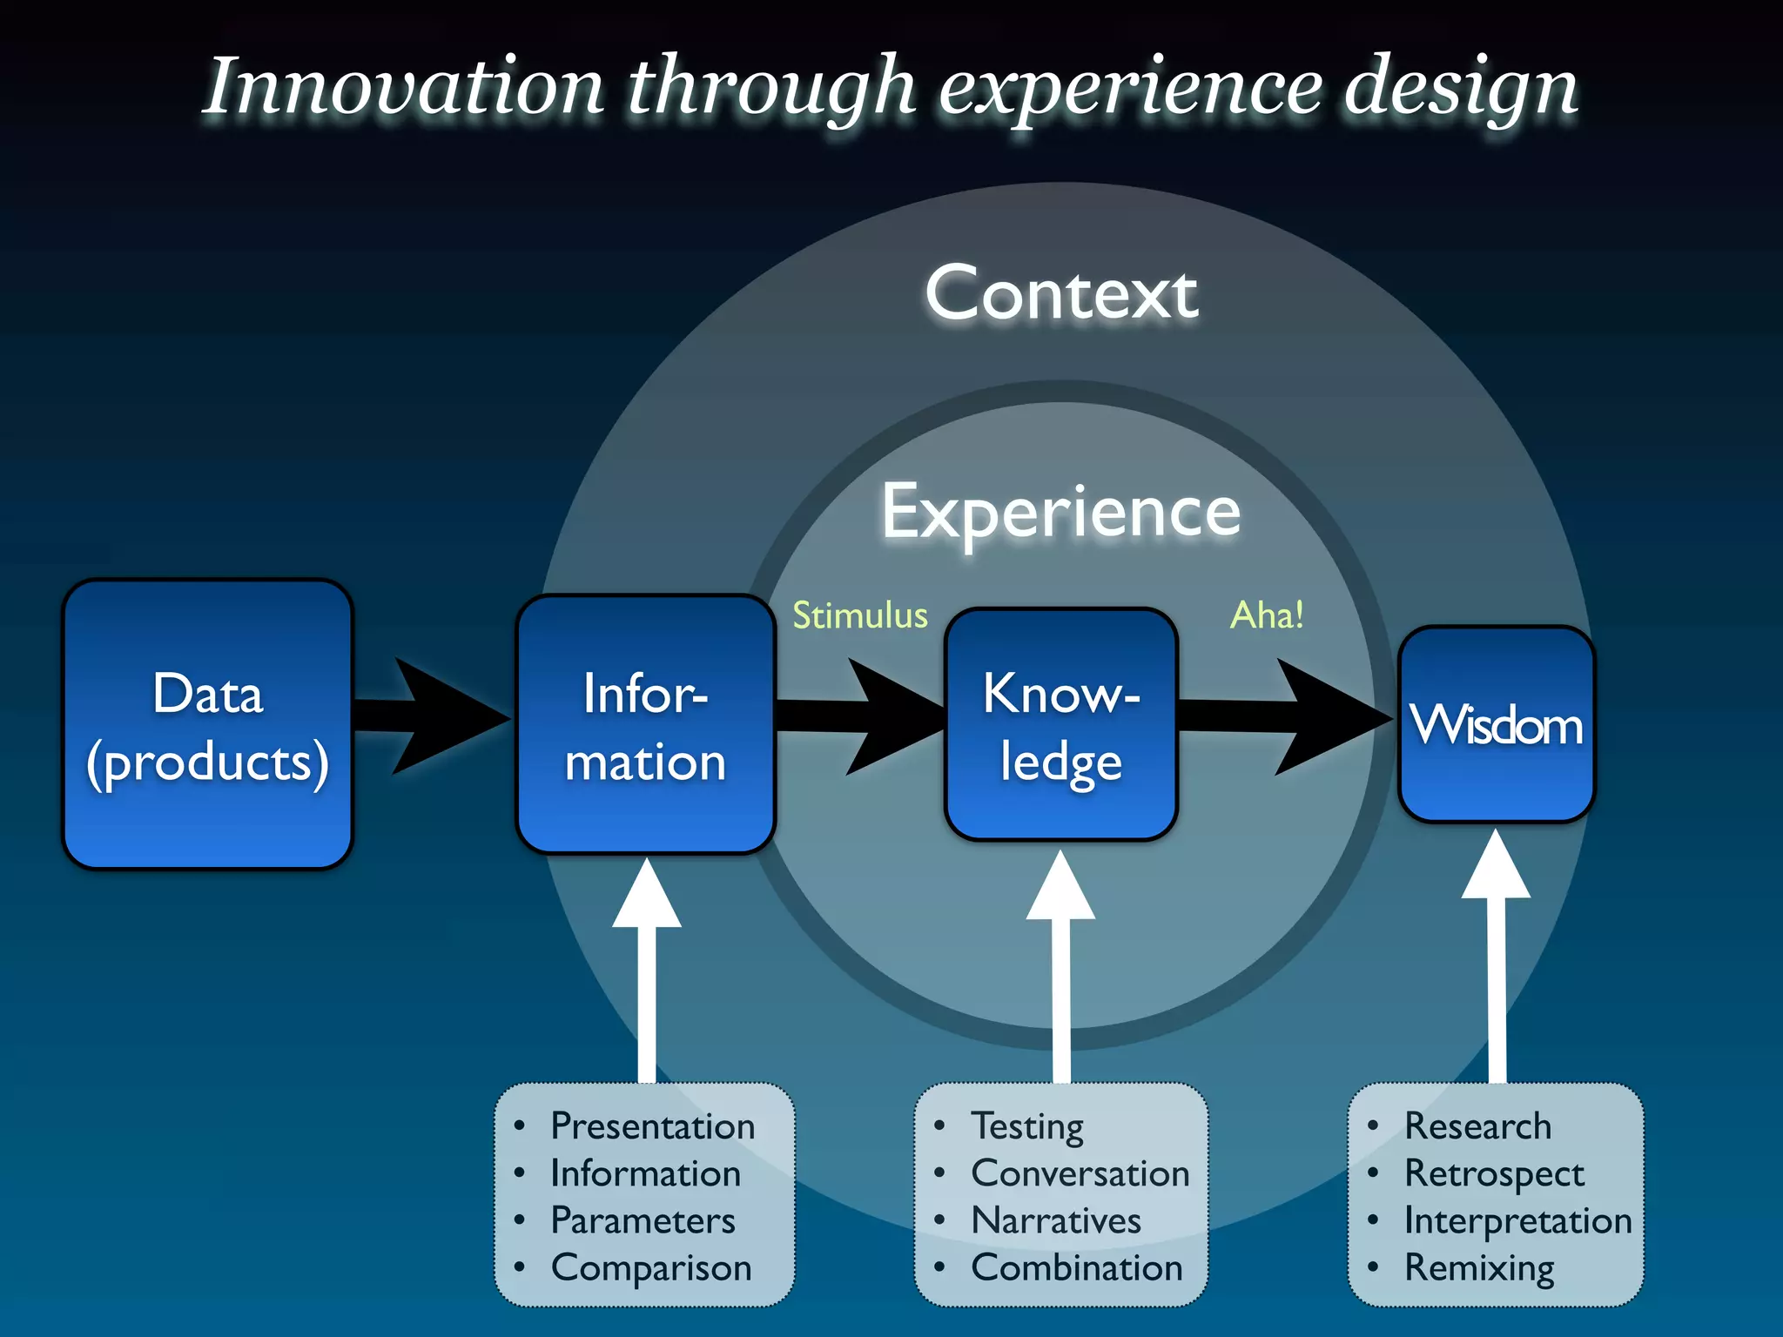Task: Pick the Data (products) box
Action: (x=207, y=724)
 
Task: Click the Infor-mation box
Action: (x=645, y=724)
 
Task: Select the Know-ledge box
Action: (x=1060, y=724)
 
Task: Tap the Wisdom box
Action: (x=1496, y=724)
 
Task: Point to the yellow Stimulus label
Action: (x=859, y=615)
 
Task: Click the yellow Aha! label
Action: (x=1267, y=615)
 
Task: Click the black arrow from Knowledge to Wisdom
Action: (x=1288, y=716)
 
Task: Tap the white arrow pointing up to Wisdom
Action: (x=1496, y=957)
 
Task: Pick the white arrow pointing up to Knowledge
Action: (x=1060, y=966)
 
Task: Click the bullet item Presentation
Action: (x=652, y=1125)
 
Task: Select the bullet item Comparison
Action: (x=650, y=1267)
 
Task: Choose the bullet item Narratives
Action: (x=1055, y=1220)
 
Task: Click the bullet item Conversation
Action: (x=1080, y=1173)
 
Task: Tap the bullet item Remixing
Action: (x=1478, y=1267)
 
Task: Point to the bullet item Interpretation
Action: (x=1517, y=1220)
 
